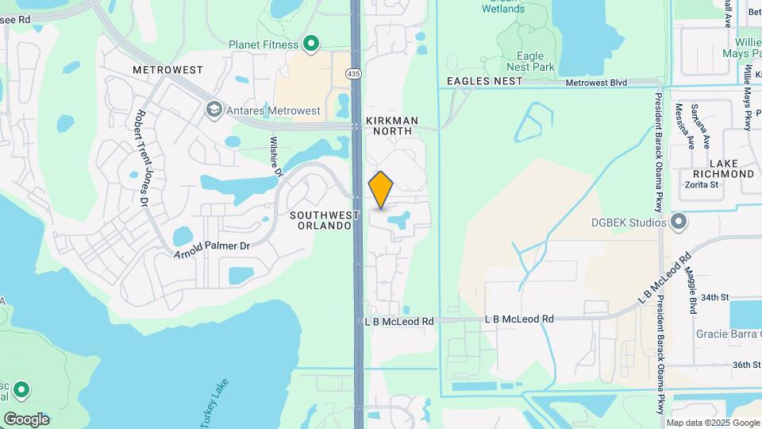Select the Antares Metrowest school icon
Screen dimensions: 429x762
click(x=213, y=110)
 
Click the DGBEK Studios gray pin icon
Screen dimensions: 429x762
click(x=679, y=222)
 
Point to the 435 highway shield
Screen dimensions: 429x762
click(x=352, y=73)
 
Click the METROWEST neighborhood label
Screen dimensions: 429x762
click(x=167, y=70)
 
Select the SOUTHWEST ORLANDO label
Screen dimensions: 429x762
click(x=321, y=220)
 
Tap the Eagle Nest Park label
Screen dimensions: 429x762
click(x=529, y=61)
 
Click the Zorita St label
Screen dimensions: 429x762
click(x=701, y=184)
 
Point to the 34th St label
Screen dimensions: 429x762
click(x=714, y=297)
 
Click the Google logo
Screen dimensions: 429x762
click(x=26, y=419)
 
